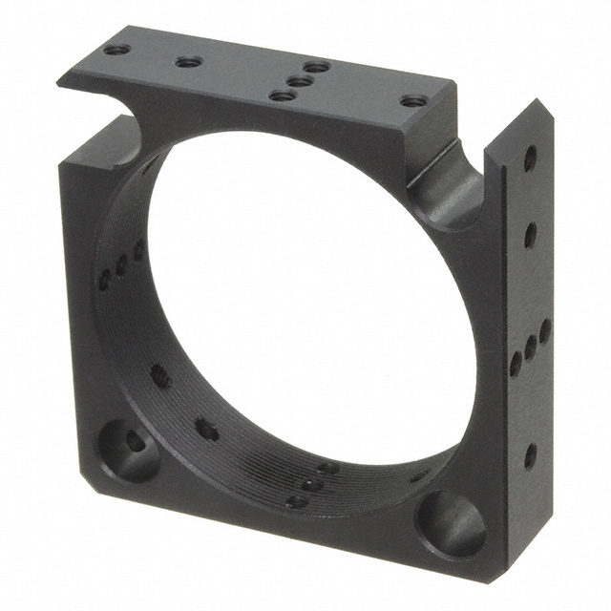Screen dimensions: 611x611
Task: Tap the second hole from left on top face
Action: (188, 63)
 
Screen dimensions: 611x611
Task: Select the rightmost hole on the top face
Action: (411, 100)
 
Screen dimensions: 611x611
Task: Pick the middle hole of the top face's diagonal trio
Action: (298, 82)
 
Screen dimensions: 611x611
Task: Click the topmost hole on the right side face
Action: (530, 159)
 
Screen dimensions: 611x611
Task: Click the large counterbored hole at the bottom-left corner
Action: (130, 446)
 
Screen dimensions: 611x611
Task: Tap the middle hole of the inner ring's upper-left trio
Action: (122, 265)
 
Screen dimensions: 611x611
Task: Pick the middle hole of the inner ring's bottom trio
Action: (313, 484)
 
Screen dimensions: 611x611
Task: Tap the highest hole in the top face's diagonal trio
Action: (316, 68)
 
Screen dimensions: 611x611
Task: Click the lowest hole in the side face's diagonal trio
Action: (516, 363)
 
